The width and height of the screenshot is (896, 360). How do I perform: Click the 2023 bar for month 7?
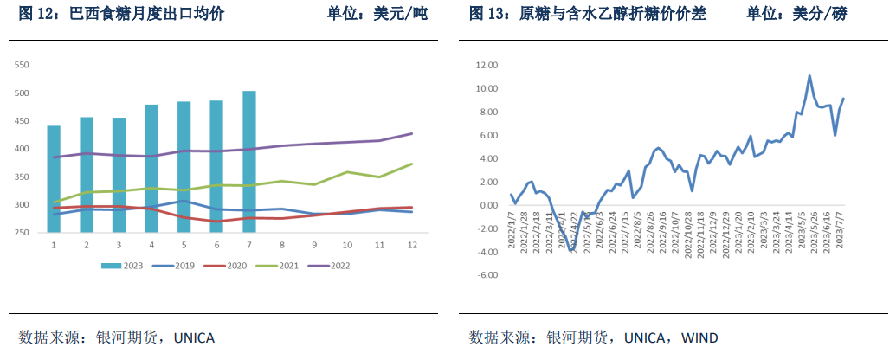(249, 162)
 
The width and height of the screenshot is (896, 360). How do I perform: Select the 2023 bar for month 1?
(54, 179)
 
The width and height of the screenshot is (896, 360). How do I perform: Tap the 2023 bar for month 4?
(151, 169)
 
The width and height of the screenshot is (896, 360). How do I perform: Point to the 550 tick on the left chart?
(23, 65)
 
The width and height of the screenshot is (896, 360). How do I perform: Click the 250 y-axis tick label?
(23, 233)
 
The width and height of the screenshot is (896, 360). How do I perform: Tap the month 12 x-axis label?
(412, 246)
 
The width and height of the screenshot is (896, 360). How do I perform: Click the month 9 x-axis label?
(314, 246)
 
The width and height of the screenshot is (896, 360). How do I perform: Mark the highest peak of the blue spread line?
(809, 76)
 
